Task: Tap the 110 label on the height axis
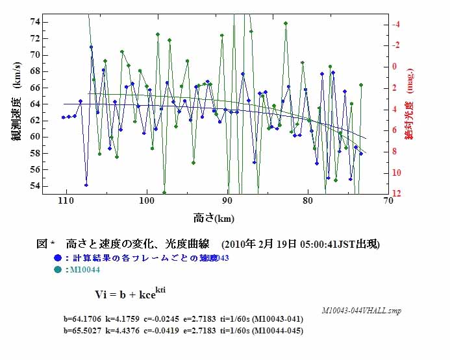[x=64, y=202]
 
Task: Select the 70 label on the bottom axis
[x=388, y=202]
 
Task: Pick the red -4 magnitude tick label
[x=396, y=24]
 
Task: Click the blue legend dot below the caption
[x=58, y=258]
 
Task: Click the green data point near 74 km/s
[x=286, y=23]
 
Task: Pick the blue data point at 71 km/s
[x=91, y=47]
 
